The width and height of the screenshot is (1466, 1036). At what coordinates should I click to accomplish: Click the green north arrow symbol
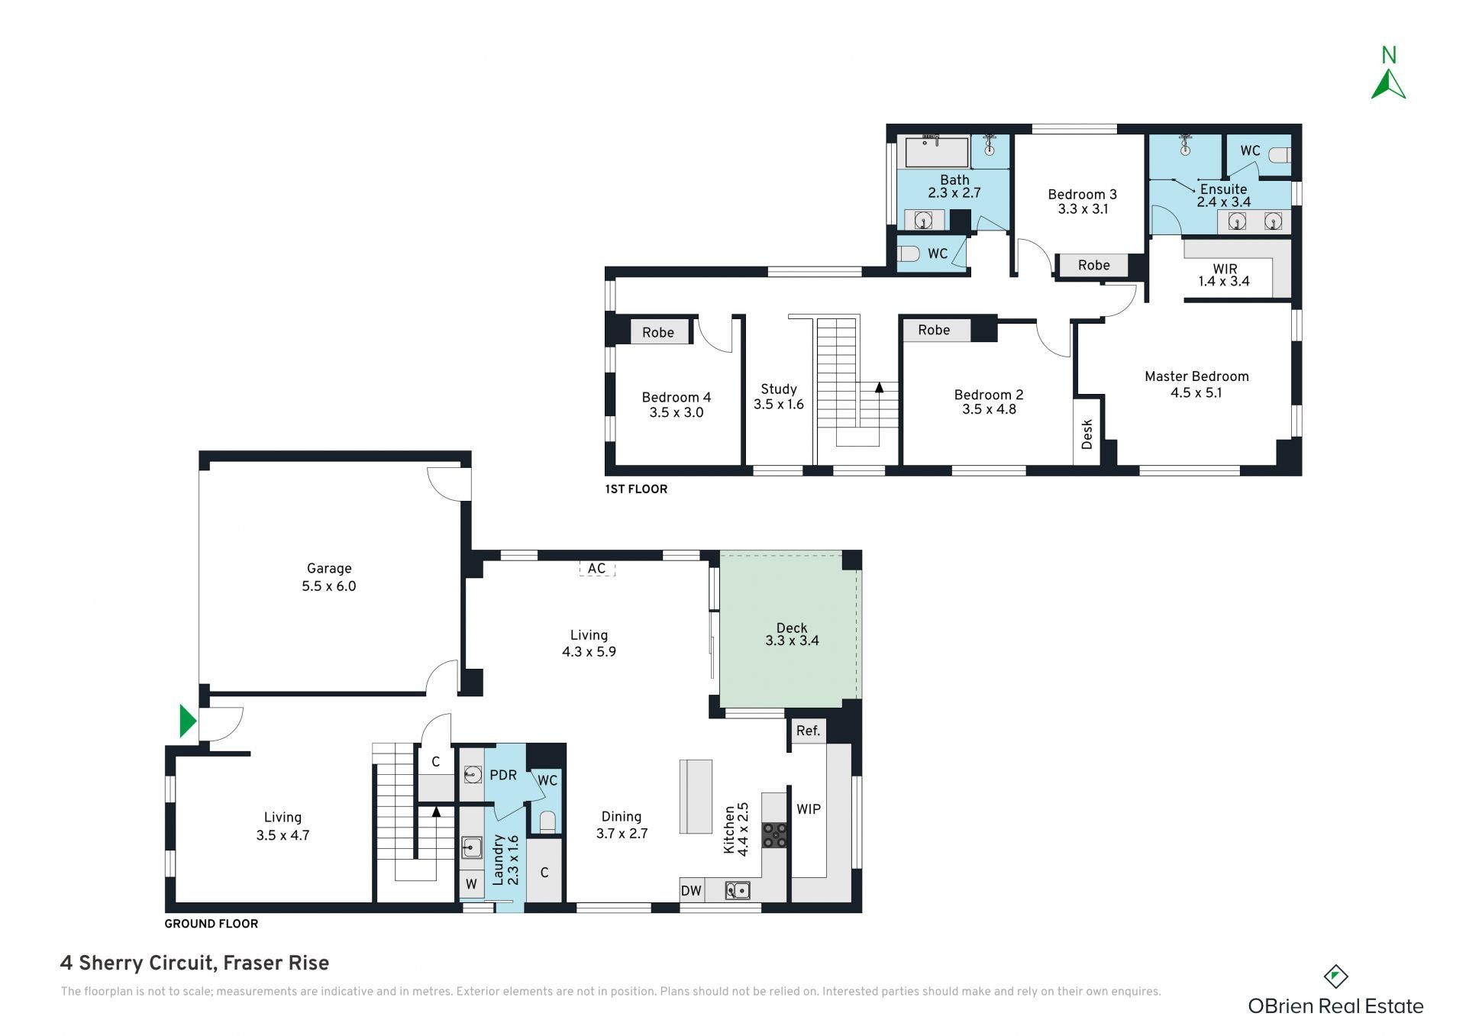[x=1388, y=86]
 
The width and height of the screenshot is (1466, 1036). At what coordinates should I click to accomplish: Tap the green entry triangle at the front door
[x=187, y=721]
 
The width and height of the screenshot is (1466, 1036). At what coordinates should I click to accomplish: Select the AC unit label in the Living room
[x=596, y=568]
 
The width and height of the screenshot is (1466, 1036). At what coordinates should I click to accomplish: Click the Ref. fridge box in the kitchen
[x=808, y=731]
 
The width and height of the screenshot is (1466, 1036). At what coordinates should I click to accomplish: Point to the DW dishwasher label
[x=691, y=890]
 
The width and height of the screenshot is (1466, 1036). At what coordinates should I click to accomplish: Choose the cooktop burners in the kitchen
[x=775, y=835]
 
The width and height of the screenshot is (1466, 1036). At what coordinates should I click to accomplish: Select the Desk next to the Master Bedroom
[x=1087, y=433]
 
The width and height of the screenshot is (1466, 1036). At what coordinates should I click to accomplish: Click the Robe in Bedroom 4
[x=658, y=332]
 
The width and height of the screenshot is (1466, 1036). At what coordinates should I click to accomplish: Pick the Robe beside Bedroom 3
[x=1093, y=265]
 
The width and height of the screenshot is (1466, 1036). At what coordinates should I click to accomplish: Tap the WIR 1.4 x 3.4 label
[x=1224, y=275]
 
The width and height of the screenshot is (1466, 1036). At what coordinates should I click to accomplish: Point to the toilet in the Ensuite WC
[x=1279, y=155]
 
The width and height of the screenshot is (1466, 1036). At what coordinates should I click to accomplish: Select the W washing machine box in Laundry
[x=471, y=884]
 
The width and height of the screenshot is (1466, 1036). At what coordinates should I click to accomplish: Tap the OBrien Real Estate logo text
[x=1335, y=1006]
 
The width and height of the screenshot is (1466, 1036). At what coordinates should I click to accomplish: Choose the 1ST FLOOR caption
[x=636, y=489]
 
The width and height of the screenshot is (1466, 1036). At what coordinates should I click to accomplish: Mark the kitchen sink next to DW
[x=738, y=890]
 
